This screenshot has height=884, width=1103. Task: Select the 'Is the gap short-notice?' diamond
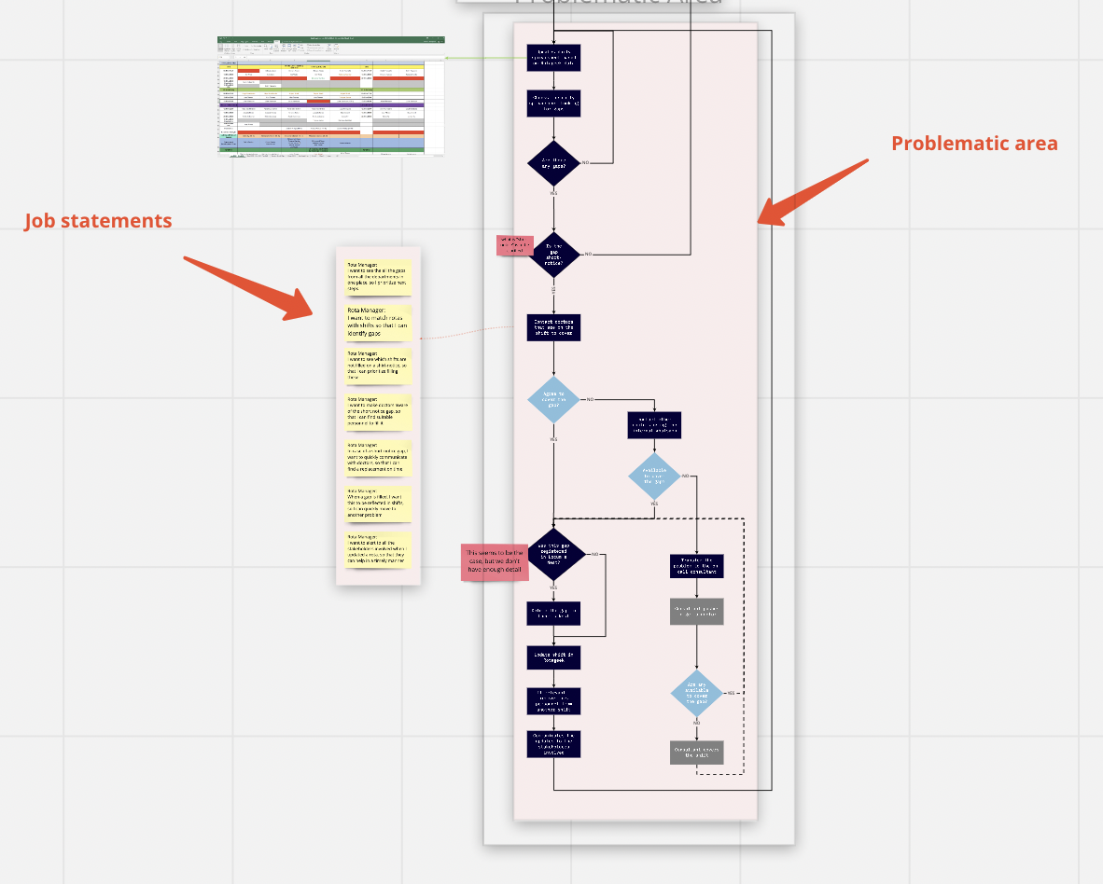553,254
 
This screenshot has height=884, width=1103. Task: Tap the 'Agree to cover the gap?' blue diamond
553,399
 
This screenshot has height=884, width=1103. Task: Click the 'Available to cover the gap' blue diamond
654,476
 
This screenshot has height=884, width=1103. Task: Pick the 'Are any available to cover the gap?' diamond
696,693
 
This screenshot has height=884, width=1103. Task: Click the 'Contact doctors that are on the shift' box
553,327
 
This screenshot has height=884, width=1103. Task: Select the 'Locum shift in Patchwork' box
553,658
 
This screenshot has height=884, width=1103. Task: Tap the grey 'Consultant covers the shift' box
696,753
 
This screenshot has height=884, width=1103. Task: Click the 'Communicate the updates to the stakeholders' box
553,744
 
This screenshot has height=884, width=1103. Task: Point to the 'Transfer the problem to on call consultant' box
696,566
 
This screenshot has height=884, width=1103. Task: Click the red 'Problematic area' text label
974,144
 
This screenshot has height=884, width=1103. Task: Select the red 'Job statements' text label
98,221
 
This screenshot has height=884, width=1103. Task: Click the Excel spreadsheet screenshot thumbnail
331,96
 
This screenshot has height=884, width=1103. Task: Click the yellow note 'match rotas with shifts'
378,323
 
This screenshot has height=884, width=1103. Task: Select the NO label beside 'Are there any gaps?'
586,163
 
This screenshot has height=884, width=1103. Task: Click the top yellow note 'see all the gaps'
378,276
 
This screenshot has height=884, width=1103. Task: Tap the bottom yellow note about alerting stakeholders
378,549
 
